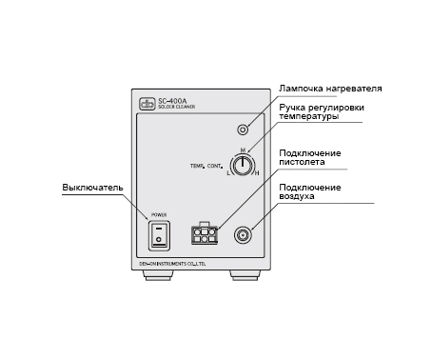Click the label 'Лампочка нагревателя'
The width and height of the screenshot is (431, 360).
tap(330, 88)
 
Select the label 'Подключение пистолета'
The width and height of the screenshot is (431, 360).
tap(310, 158)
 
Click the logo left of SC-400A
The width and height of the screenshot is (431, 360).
tap(147, 102)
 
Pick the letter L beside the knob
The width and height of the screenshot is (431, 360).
tap(229, 173)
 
